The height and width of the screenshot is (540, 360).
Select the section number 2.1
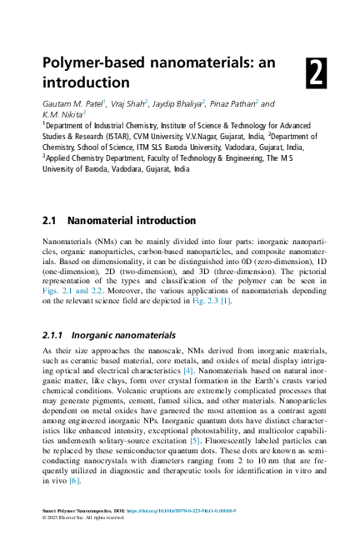50,222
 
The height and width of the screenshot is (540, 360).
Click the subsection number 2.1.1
55,335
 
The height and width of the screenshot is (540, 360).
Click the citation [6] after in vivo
74,481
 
